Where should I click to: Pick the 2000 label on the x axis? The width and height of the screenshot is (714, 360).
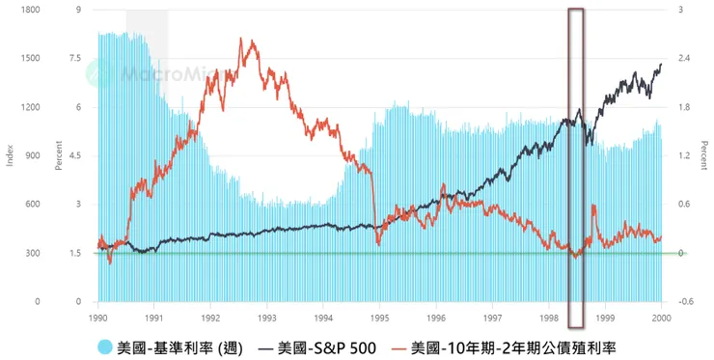(661, 316)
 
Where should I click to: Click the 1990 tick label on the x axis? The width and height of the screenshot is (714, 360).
(98, 316)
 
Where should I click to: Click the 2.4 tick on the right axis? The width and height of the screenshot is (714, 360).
(685, 58)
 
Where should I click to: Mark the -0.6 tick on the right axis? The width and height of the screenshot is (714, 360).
(686, 301)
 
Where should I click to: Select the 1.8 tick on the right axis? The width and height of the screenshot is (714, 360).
(685, 107)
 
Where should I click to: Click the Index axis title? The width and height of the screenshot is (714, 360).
(11, 155)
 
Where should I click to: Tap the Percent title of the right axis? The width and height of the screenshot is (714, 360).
(703, 155)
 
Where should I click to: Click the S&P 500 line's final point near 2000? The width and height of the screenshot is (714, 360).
(661, 65)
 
